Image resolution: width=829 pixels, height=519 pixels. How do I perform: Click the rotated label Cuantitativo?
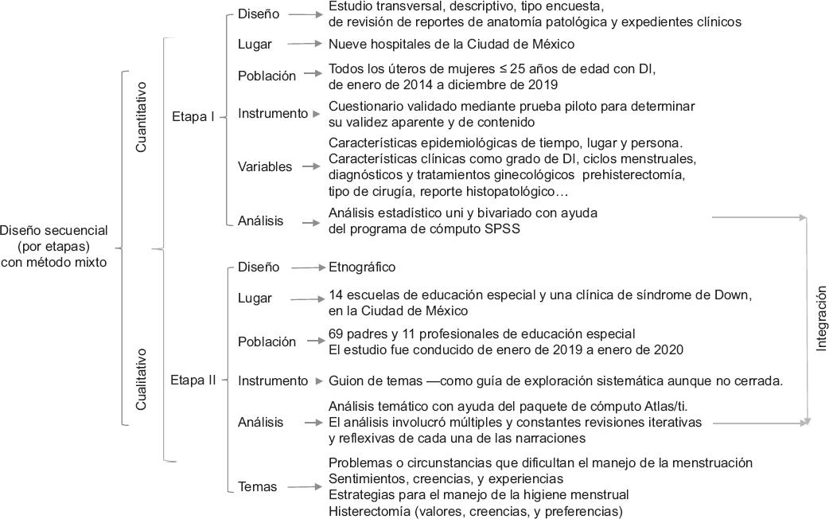pyautogui.click(x=142, y=117)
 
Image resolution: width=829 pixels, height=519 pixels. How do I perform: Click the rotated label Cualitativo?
pyautogui.click(x=141, y=378)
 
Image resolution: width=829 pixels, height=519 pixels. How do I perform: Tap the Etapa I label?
pyautogui.click(x=193, y=117)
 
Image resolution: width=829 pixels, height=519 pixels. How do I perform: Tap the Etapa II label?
pyautogui.click(x=193, y=380)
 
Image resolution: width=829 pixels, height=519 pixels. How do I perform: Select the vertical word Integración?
pyautogui.click(x=821, y=318)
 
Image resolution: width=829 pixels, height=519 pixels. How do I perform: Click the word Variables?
pyautogui.click(x=265, y=166)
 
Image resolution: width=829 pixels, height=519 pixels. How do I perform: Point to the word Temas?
pyautogui.click(x=258, y=486)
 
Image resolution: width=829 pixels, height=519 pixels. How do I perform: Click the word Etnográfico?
pyautogui.click(x=362, y=267)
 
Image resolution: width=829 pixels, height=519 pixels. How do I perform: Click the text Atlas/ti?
pyautogui.click(x=683, y=406)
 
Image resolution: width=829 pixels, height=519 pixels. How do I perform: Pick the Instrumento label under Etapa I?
pyautogui.click(x=272, y=114)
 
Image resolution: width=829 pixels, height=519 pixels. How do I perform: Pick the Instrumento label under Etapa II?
pyautogui.click(x=272, y=380)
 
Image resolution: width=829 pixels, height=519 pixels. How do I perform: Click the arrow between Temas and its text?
pyautogui.click(x=306, y=486)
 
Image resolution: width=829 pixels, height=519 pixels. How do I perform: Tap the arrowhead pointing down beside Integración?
pyautogui.click(x=808, y=419)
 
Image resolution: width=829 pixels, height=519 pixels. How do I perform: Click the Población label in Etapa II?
pyautogui.click(x=267, y=341)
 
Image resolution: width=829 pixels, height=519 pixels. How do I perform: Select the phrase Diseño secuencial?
pyautogui.click(x=53, y=230)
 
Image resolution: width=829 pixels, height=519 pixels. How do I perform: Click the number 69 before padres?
pyautogui.click(x=336, y=334)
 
